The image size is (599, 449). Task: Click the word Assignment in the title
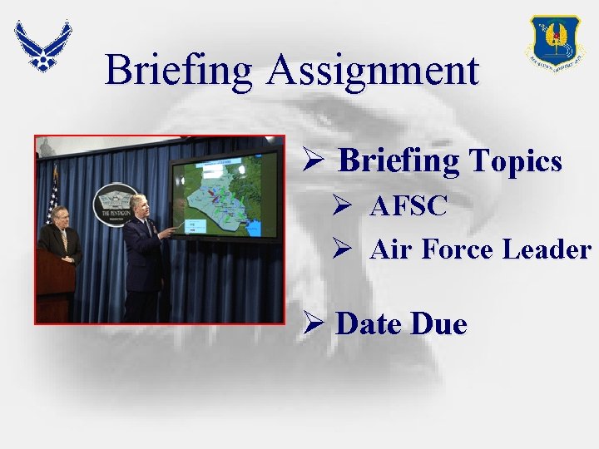click(373, 71)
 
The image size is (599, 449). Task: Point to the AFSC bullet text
click(408, 205)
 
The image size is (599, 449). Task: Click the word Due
click(438, 323)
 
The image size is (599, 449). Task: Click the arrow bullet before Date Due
click(316, 324)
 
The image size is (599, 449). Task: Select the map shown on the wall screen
click(225, 198)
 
